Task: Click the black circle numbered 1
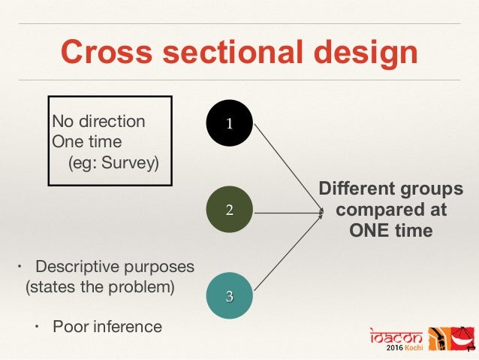[230, 123]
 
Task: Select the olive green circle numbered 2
[230, 210]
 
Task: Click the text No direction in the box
[98, 122]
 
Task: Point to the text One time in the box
[86, 141]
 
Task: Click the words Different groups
[390, 188]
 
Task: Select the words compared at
[391, 209]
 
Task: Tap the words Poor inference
[107, 326]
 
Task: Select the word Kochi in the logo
[410, 349]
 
